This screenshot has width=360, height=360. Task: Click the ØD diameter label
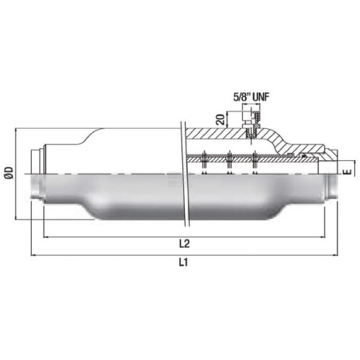[9, 173]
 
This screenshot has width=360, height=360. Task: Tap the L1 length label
[183, 263]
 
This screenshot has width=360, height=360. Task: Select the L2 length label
[184, 244]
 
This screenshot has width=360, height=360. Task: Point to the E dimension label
[347, 172]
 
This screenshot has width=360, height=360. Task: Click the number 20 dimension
[221, 119]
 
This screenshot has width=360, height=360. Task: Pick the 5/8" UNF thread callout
[251, 97]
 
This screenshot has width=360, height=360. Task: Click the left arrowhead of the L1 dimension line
[33, 256]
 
